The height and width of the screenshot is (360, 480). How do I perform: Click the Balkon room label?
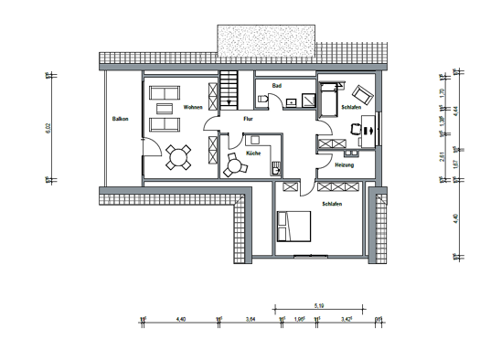[120, 119]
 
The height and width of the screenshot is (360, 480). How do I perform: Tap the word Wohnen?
[192, 108]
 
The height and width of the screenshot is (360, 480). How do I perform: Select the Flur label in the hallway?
[247, 119]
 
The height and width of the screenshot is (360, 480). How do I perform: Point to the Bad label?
[276, 84]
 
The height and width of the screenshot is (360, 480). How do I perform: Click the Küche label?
[253, 154]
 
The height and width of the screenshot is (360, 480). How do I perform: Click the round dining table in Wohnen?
[176, 160]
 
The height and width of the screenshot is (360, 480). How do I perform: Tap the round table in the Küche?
[232, 167]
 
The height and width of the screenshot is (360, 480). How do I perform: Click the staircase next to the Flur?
[228, 94]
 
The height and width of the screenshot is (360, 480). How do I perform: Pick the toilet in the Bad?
[262, 98]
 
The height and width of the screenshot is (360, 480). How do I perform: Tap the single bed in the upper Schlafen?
[329, 97]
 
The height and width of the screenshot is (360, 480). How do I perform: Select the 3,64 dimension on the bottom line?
[251, 319]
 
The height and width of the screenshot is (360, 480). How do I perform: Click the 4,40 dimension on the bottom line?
[180, 319]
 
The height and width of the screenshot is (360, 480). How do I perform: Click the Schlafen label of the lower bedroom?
[331, 206]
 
